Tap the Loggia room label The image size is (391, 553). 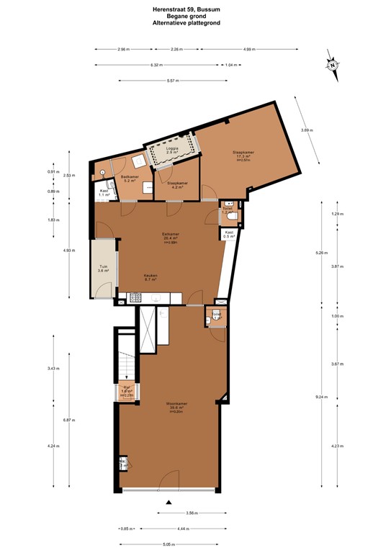click(172, 150)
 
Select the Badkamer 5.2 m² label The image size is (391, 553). click(130, 179)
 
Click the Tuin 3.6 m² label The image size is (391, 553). click(104, 269)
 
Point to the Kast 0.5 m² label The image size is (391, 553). click(229, 234)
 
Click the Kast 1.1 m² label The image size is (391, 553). click(104, 193)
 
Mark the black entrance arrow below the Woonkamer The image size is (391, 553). click(169, 502)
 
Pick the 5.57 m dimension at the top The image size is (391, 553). click(171, 80)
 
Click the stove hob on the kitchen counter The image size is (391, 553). click(135, 297)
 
